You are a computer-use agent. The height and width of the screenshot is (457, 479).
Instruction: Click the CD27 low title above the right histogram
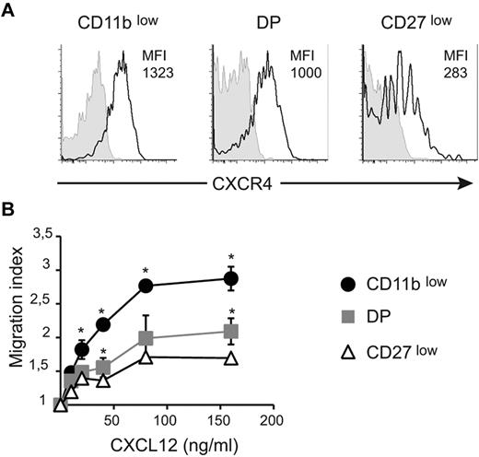point(413,23)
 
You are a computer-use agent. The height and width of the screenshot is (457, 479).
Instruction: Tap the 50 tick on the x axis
point(113,420)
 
